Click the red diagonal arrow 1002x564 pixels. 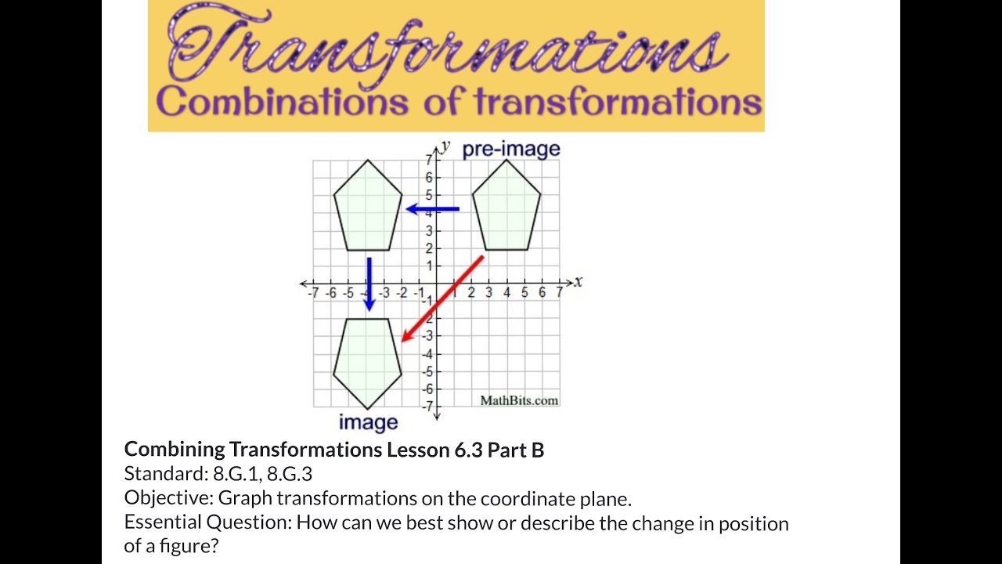[443, 298]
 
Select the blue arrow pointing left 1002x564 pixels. [432, 209]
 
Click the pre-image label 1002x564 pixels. [511, 149]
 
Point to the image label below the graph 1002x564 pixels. [368, 423]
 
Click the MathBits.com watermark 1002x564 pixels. [519, 400]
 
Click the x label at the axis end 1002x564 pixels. [578, 281]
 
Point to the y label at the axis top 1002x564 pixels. [445, 146]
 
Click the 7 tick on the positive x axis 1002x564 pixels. [559, 293]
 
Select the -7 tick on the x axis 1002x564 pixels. [314, 293]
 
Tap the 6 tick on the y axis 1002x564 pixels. [429, 178]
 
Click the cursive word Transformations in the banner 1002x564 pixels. [446, 49]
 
